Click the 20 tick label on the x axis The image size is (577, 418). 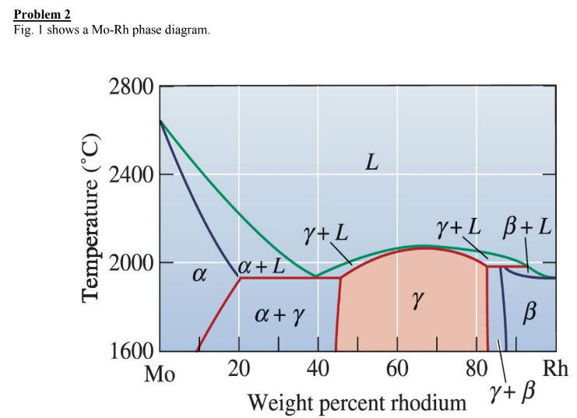point(238,369)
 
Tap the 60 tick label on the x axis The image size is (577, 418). point(397,369)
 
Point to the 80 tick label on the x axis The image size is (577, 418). point(477,369)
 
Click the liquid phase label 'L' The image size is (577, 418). point(372,163)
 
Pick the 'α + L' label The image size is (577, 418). point(261,267)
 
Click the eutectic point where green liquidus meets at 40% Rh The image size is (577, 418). point(315,276)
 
